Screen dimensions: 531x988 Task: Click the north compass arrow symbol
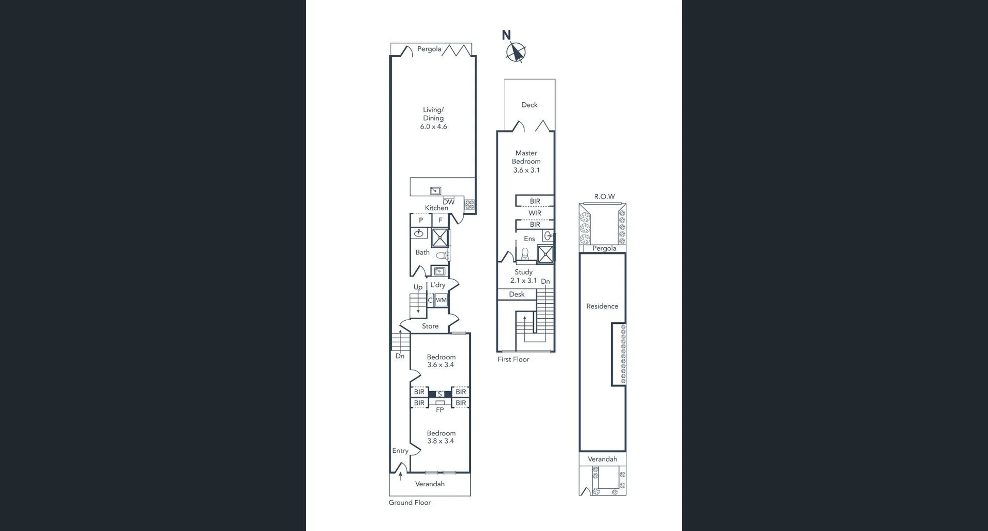tap(516, 51)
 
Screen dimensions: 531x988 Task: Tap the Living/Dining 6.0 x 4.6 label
tap(433, 118)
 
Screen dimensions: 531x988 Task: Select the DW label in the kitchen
tap(449, 202)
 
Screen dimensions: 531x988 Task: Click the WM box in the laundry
tap(441, 300)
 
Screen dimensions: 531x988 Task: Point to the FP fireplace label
tap(440, 410)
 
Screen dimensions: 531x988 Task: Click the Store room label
tap(430, 326)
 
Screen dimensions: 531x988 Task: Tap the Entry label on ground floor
tap(400, 450)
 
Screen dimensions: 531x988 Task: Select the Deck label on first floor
tap(529, 105)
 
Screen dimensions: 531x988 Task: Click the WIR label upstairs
tap(535, 213)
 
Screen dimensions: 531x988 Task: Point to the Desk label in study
tap(517, 294)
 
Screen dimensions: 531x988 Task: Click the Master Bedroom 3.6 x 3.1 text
tap(526, 161)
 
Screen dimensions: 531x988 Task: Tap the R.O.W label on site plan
tap(604, 196)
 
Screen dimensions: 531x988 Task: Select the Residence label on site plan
tap(602, 306)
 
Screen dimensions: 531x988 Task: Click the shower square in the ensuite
tap(545, 254)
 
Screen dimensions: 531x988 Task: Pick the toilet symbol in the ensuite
tap(525, 253)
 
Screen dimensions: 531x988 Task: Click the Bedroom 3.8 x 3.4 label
tap(441, 437)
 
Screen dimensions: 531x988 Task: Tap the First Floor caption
tap(513, 359)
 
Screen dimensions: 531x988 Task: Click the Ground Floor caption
tap(410, 502)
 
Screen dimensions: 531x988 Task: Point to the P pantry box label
tap(421, 220)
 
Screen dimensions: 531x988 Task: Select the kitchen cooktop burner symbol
tap(469, 205)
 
